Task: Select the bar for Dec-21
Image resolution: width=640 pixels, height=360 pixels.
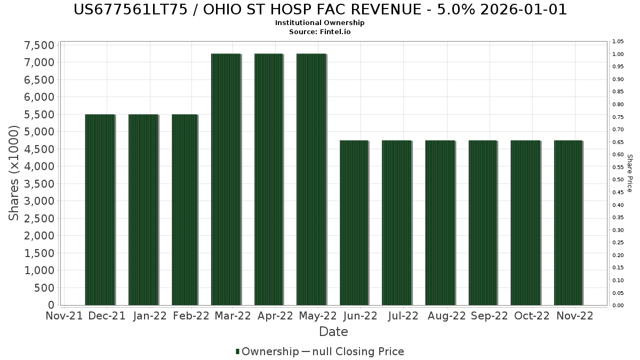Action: [x=100, y=210]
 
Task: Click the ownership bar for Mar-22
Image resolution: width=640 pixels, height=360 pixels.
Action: [x=226, y=179]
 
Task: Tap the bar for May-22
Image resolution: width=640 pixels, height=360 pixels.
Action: [x=311, y=179]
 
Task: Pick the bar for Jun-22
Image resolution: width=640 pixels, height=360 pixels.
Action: [x=354, y=223]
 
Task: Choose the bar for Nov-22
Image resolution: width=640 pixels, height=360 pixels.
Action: [x=568, y=223]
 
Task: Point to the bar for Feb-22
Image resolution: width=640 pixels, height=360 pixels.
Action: [x=185, y=210]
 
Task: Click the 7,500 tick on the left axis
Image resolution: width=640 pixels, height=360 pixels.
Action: [x=39, y=45]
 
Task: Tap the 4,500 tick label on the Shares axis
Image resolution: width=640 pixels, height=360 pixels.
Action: [x=39, y=149]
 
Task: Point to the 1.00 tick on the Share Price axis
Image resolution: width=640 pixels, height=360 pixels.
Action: [x=618, y=54]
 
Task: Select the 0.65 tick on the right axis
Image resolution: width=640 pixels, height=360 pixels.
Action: [x=618, y=142]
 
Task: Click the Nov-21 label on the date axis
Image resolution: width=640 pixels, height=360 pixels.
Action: [x=65, y=316]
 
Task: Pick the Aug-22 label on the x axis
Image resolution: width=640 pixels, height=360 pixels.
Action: [x=446, y=316]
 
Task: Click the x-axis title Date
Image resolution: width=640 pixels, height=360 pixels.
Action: [x=333, y=332]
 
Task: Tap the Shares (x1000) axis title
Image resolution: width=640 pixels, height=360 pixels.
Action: [x=13, y=173]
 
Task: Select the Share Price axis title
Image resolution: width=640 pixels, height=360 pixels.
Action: [x=629, y=173]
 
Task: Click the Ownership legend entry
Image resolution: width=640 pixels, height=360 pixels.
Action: [x=267, y=351]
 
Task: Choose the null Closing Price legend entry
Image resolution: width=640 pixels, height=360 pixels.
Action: [x=353, y=351]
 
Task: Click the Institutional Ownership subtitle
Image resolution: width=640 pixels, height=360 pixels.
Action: [x=319, y=22]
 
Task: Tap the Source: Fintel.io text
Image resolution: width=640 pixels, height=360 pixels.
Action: [x=319, y=31]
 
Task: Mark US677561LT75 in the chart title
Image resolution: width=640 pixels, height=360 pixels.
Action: [x=131, y=10]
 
